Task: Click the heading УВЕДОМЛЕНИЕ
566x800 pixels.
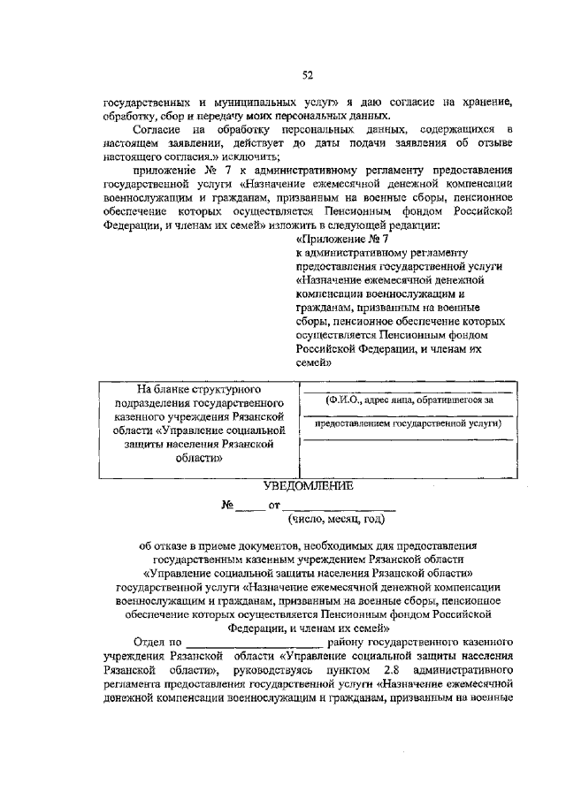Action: (x=308, y=486)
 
